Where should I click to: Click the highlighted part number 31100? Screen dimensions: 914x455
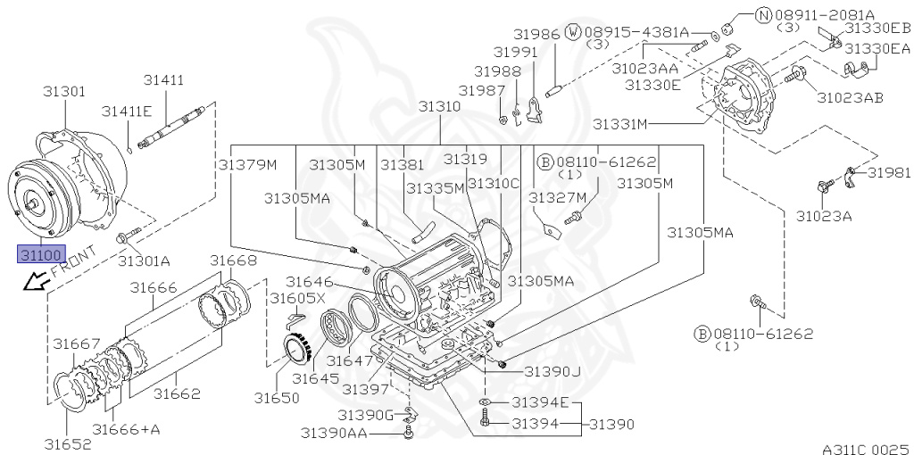pos(41,253)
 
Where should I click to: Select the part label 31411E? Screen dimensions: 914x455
pos(127,112)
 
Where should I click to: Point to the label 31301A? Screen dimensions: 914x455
pos(144,261)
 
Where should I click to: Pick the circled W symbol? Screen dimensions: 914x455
pos(574,33)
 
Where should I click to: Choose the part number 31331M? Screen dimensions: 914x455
pos(619,124)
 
